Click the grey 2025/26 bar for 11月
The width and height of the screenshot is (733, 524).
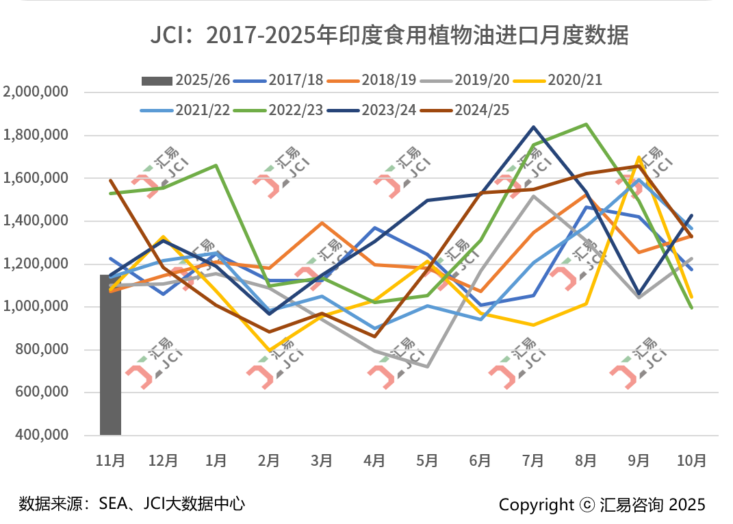(x=110, y=355)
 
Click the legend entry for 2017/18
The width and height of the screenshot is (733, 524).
(x=279, y=81)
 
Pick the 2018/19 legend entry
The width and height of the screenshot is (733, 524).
(x=372, y=81)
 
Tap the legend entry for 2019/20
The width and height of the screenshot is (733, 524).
(x=465, y=81)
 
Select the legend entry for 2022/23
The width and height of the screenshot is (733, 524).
(x=279, y=110)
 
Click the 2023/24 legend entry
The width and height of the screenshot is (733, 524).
(x=372, y=110)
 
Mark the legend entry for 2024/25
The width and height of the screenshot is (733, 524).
(x=465, y=110)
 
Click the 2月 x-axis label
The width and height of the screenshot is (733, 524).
(x=269, y=461)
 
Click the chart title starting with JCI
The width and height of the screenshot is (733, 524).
(x=389, y=35)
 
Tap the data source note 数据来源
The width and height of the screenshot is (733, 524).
(x=132, y=504)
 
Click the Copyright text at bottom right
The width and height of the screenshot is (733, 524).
(x=602, y=505)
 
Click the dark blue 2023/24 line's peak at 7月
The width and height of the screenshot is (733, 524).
(x=532, y=127)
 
